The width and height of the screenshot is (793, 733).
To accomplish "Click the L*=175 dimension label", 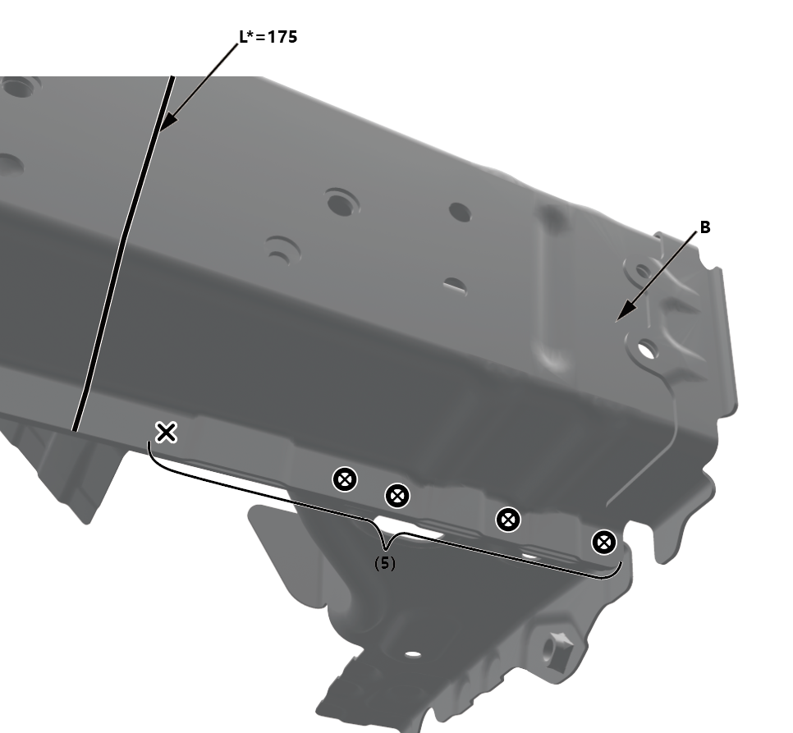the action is pyautogui.click(x=268, y=37).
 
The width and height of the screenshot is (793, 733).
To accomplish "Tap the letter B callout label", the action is pyautogui.click(x=705, y=227).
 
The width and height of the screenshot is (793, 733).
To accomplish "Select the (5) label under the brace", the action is pyautogui.click(x=385, y=563).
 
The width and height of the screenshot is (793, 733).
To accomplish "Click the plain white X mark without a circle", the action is pyautogui.click(x=166, y=433).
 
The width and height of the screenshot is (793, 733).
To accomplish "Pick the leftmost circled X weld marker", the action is pyautogui.click(x=345, y=479).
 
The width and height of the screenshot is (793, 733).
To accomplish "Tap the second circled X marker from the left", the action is pyautogui.click(x=397, y=496).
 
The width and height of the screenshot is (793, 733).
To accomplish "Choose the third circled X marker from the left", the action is pyautogui.click(x=508, y=520).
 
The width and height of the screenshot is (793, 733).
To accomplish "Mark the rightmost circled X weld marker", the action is pyautogui.click(x=604, y=543).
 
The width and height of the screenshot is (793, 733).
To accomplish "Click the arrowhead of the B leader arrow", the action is pyautogui.click(x=626, y=310).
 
